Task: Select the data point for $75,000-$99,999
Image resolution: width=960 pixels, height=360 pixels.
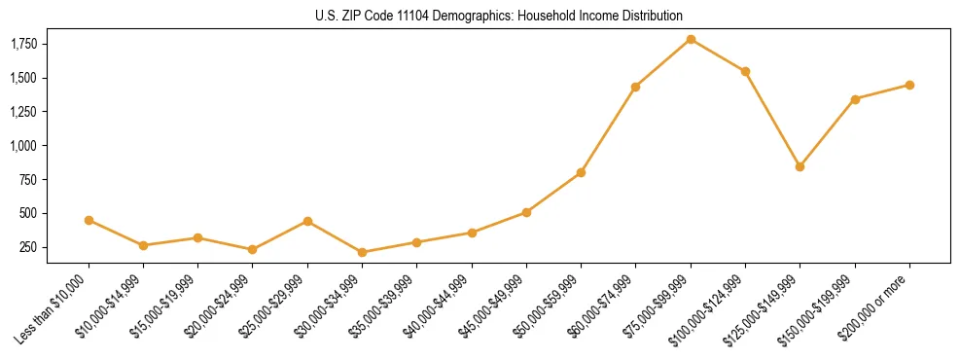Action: point(691,39)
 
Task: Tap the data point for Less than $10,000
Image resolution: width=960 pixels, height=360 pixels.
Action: point(89,220)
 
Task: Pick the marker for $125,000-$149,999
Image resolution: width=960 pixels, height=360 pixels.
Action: point(800,166)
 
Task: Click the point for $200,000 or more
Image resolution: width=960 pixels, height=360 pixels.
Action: point(909,85)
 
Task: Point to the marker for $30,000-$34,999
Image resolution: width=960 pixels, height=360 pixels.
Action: point(362,252)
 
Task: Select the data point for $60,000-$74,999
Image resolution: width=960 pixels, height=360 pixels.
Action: point(635,87)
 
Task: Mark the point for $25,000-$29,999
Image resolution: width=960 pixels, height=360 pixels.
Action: point(307,221)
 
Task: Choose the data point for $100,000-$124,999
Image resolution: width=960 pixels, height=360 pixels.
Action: point(745,71)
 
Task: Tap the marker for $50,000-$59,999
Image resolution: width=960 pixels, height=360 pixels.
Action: point(581,172)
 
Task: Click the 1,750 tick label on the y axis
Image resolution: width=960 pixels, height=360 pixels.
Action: point(23,44)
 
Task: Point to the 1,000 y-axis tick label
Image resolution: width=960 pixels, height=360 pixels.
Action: point(23,146)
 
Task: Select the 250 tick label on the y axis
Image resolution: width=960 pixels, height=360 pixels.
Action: point(28,247)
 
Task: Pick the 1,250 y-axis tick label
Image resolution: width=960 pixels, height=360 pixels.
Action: point(23,112)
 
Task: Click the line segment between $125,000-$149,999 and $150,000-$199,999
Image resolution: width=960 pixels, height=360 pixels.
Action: point(827,132)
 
